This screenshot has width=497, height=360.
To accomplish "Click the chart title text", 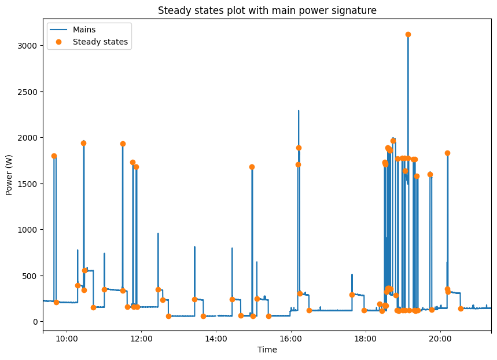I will pyautogui.click(x=267, y=10).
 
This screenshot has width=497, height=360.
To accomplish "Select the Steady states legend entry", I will pyautogui.click(x=100, y=42).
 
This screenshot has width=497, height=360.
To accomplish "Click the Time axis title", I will pyautogui.click(x=267, y=350).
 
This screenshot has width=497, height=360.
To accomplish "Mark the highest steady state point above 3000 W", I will pyautogui.click(x=408, y=34).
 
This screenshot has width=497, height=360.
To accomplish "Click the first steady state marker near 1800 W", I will pyautogui.click(x=54, y=156).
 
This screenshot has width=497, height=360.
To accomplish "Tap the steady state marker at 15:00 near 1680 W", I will pyautogui.click(x=252, y=167).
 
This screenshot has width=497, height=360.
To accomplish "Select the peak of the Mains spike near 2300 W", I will pyautogui.click(x=299, y=111).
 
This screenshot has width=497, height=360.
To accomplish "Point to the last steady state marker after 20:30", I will pyautogui.click(x=461, y=308).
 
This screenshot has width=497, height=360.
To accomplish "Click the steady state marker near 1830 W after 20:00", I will pyautogui.click(x=447, y=153).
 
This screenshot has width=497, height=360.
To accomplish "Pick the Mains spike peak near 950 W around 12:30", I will pyautogui.click(x=158, y=234).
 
